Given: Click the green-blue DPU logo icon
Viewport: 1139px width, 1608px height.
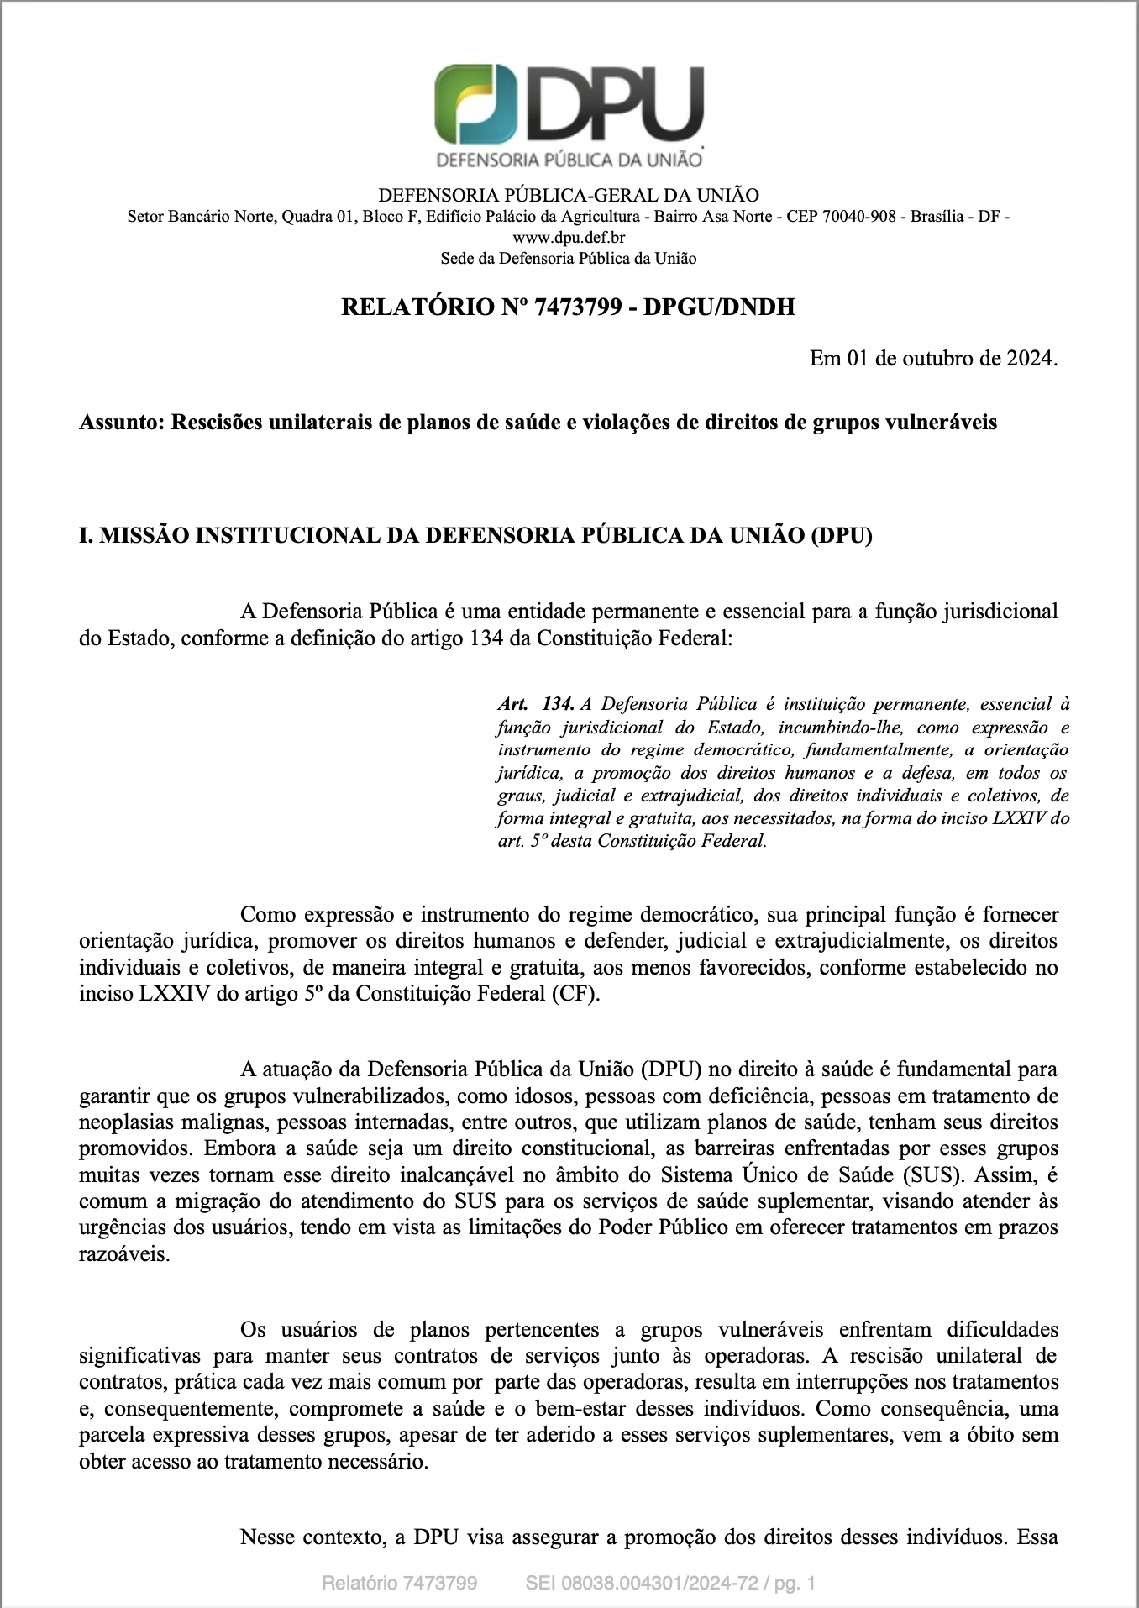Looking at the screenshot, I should [x=475, y=103].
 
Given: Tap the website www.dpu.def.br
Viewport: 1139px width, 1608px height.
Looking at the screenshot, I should [x=569, y=238].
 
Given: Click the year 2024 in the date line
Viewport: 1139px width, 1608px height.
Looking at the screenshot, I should [x=1029, y=359].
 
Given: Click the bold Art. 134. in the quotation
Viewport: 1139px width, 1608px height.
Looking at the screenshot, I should [x=536, y=704].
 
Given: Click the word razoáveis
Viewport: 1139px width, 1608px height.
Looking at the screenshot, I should [x=123, y=1254].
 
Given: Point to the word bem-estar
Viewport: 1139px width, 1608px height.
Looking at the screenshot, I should [x=580, y=1409].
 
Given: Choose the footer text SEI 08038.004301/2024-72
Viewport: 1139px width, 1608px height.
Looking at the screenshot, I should [x=642, y=1584].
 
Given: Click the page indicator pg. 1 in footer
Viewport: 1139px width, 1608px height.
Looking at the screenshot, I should [x=795, y=1584].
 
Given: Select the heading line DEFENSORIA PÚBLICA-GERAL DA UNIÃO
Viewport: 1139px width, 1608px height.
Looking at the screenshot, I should [x=569, y=196].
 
